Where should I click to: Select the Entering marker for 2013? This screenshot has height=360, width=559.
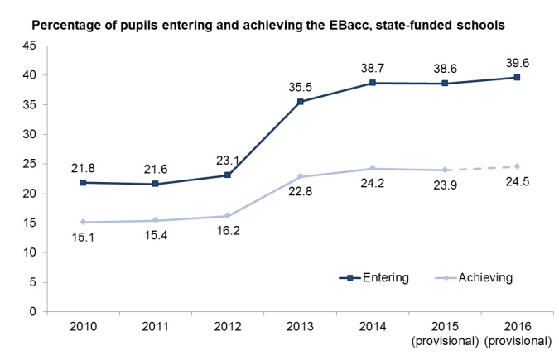pyautogui.click(x=300, y=102)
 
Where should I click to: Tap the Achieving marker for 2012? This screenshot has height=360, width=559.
pyautogui.click(x=227, y=216)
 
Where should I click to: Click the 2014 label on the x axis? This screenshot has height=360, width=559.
pyautogui.click(x=373, y=326)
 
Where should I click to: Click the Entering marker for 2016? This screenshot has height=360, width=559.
pyautogui.click(x=518, y=78)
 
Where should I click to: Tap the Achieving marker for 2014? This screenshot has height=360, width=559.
pyautogui.click(x=373, y=169)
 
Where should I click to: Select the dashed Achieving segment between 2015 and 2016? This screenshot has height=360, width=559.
pyautogui.click(x=481, y=168)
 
